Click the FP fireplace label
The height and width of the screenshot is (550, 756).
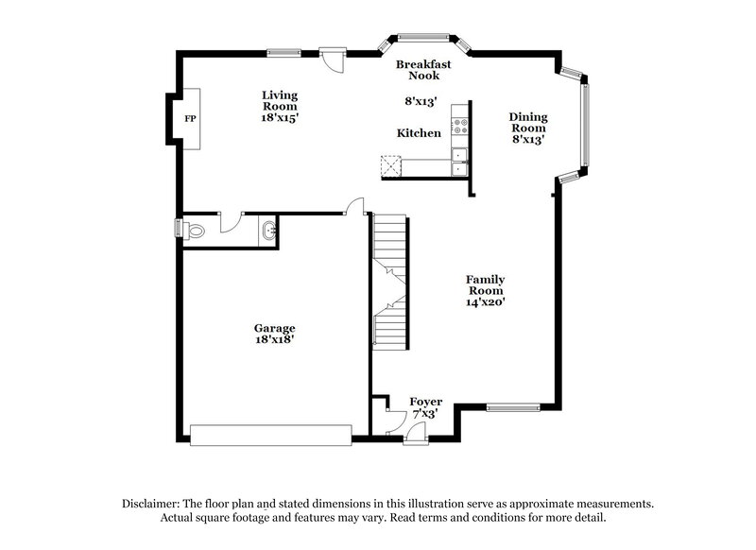[x=190, y=119]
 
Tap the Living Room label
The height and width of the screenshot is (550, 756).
[x=280, y=100]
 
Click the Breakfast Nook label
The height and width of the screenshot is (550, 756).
[x=423, y=70]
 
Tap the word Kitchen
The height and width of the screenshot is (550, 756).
[x=419, y=133]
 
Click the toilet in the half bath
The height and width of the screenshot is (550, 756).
[x=193, y=230]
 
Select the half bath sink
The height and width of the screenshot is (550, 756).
[x=269, y=229]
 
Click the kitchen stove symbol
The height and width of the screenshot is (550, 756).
[x=460, y=122]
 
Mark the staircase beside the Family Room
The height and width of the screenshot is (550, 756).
[x=390, y=282]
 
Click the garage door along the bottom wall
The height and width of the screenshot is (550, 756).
[x=270, y=435]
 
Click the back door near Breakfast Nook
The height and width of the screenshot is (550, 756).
[x=332, y=58]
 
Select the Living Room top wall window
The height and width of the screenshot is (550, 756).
[x=283, y=52]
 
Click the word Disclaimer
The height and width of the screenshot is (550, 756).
[x=153, y=504]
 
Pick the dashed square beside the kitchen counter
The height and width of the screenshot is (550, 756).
[x=389, y=167]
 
